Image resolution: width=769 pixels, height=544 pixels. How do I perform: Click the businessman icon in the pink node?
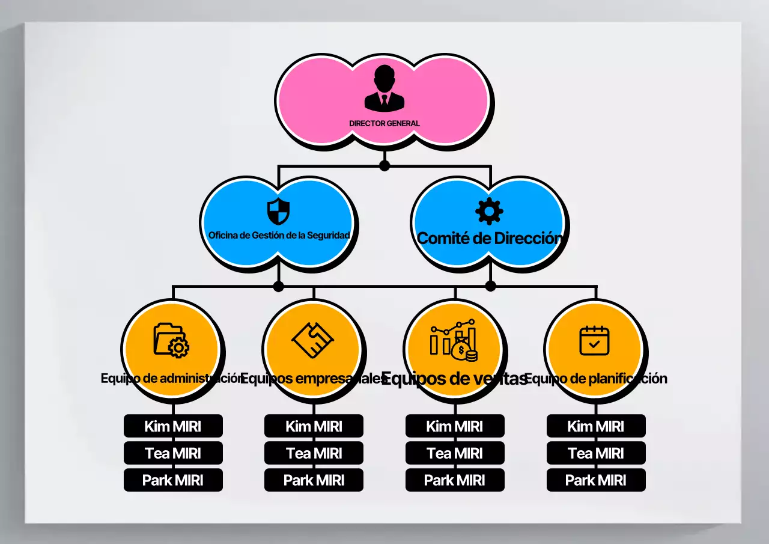pos(384,88)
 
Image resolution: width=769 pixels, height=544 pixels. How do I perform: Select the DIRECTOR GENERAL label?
pos(384,123)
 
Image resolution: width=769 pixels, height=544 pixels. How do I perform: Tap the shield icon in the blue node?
pos(278,212)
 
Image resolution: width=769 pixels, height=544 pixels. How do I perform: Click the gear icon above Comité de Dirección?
pos(489,211)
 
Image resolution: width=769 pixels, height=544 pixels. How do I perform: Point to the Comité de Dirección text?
pos(489,238)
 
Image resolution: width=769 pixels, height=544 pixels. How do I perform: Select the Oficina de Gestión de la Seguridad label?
pos(279,235)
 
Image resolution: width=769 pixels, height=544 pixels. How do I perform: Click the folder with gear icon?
pos(171,340)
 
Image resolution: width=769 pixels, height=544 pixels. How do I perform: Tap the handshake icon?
pos(312,341)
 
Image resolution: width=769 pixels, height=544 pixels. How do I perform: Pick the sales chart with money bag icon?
pos(454,341)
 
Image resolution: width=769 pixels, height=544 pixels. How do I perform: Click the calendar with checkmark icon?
pos(594,340)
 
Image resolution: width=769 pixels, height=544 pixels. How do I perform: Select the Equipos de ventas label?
pos(454,379)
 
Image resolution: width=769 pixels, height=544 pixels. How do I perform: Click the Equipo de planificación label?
pos(595,379)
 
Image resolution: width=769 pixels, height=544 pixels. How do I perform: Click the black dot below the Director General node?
pos(384,165)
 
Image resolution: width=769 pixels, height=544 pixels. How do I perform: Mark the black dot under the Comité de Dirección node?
pos(490,286)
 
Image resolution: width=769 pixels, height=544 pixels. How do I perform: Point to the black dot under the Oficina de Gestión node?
pos(278,286)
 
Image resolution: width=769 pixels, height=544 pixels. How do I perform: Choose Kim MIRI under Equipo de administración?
pos(173,426)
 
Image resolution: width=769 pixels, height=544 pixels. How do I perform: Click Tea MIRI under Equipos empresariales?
pos(314,453)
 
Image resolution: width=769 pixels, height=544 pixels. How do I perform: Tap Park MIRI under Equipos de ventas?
pos(455,480)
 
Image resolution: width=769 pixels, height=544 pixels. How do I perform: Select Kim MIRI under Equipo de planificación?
pos(596,426)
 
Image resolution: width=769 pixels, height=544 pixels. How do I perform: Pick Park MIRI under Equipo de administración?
pos(173,480)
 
